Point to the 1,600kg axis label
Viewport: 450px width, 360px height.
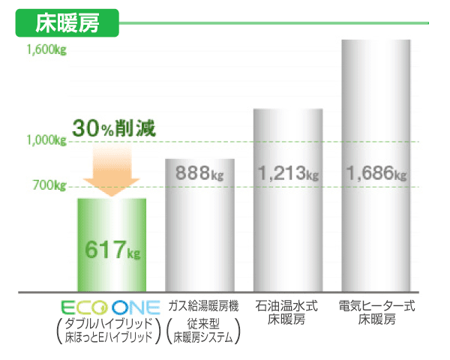pyautogui.click(x=46, y=51)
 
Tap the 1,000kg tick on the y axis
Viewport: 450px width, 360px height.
pyautogui.click(x=46, y=140)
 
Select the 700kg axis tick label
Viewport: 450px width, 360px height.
pyautogui.click(x=50, y=185)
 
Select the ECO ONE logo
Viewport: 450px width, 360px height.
pyautogui.click(x=110, y=307)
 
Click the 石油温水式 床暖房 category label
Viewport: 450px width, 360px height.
pyautogui.click(x=289, y=313)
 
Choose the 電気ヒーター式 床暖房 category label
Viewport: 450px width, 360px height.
pyautogui.click(x=376, y=313)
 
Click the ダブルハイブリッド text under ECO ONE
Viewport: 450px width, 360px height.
pyautogui.click(x=110, y=323)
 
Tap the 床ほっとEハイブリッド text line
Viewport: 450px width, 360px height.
pyautogui.click(x=110, y=337)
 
